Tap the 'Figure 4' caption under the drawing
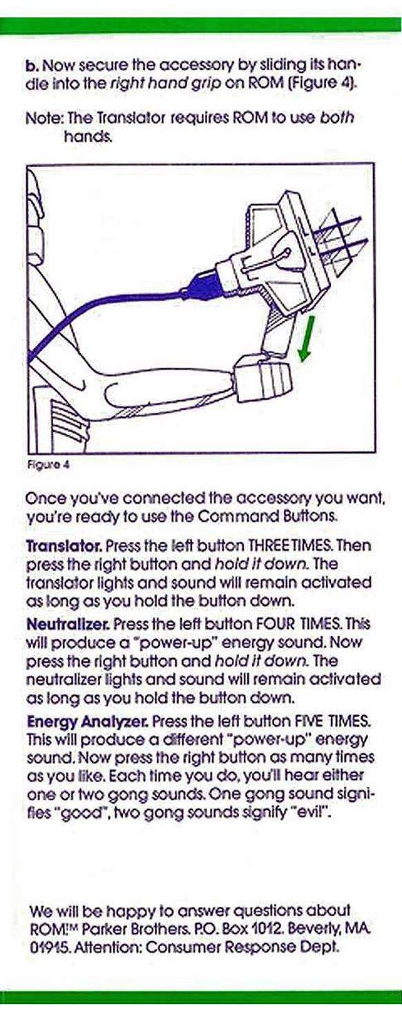pos(48,466)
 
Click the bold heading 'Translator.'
pos(65,545)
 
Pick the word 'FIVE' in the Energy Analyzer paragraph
pos(311,721)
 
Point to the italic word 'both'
pos(337,118)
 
